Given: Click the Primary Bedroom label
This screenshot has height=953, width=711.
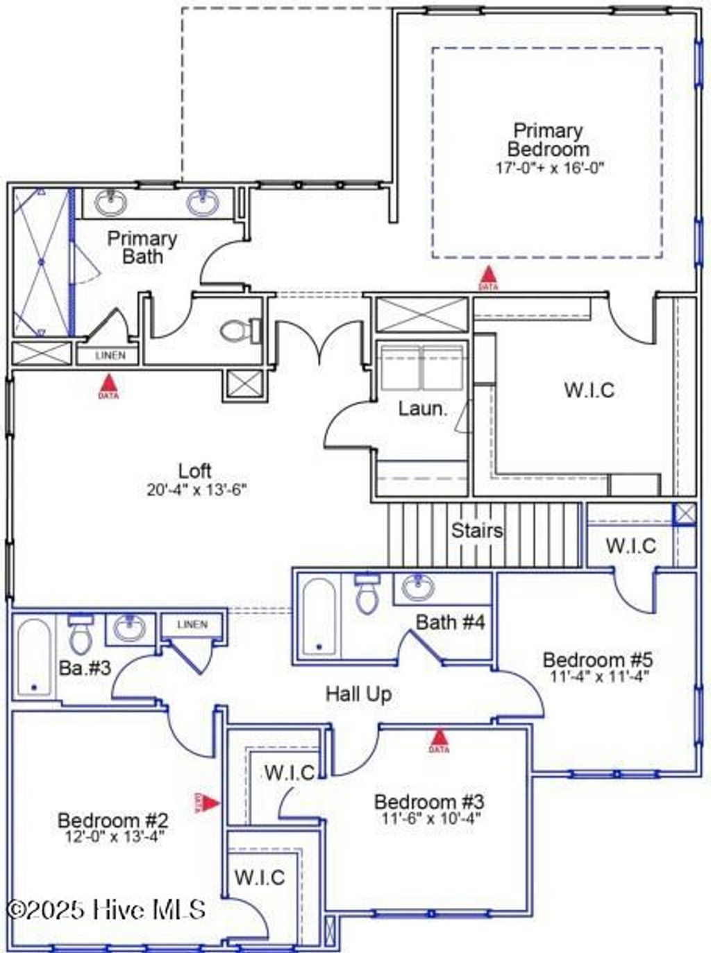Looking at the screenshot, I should coord(548,140).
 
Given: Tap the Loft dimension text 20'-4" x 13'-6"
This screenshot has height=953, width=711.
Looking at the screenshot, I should coord(197,490).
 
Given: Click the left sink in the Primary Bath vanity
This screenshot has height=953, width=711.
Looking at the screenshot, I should coord(111,203).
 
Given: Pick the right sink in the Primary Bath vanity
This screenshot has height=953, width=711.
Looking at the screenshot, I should coord(202,203).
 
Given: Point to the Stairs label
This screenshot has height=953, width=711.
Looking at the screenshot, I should coord(477,531).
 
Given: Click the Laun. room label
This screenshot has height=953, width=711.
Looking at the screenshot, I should coord(422,409).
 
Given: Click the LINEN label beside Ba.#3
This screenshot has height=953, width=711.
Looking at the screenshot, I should coord(192,624).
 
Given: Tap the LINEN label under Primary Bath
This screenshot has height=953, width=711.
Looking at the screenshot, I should coord(110,355).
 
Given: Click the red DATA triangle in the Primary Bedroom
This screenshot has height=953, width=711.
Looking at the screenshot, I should coord(488,277).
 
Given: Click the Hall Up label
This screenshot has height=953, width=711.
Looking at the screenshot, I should coord(359,694).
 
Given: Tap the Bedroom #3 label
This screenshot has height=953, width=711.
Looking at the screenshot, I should coord(430,802).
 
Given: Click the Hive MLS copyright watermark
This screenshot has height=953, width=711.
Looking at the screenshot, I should coord(106,909).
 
